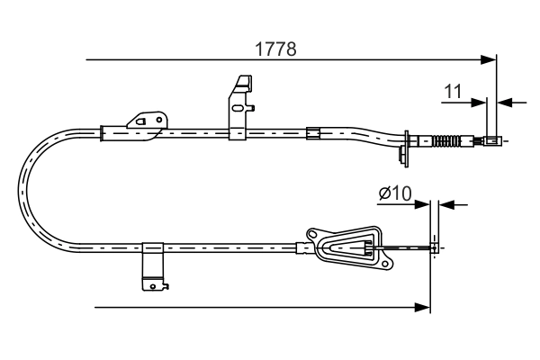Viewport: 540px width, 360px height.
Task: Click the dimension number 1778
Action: tap(276, 48)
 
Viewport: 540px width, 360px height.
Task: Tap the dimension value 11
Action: tap(453, 91)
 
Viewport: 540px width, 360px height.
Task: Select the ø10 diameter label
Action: tap(394, 193)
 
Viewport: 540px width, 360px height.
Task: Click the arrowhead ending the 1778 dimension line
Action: tap(490, 60)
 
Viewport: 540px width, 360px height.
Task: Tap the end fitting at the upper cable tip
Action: tap(492, 140)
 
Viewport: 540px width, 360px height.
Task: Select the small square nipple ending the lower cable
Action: tap(436, 244)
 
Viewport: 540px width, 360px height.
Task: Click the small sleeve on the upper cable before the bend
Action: tap(313, 134)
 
